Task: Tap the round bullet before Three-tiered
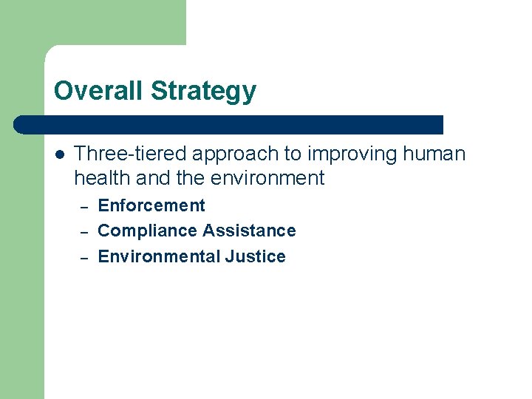(x=59, y=154)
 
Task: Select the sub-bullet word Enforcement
(x=151, y=205)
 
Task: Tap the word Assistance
(x=249, y=231)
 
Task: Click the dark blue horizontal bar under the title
(x=229, y=124)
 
